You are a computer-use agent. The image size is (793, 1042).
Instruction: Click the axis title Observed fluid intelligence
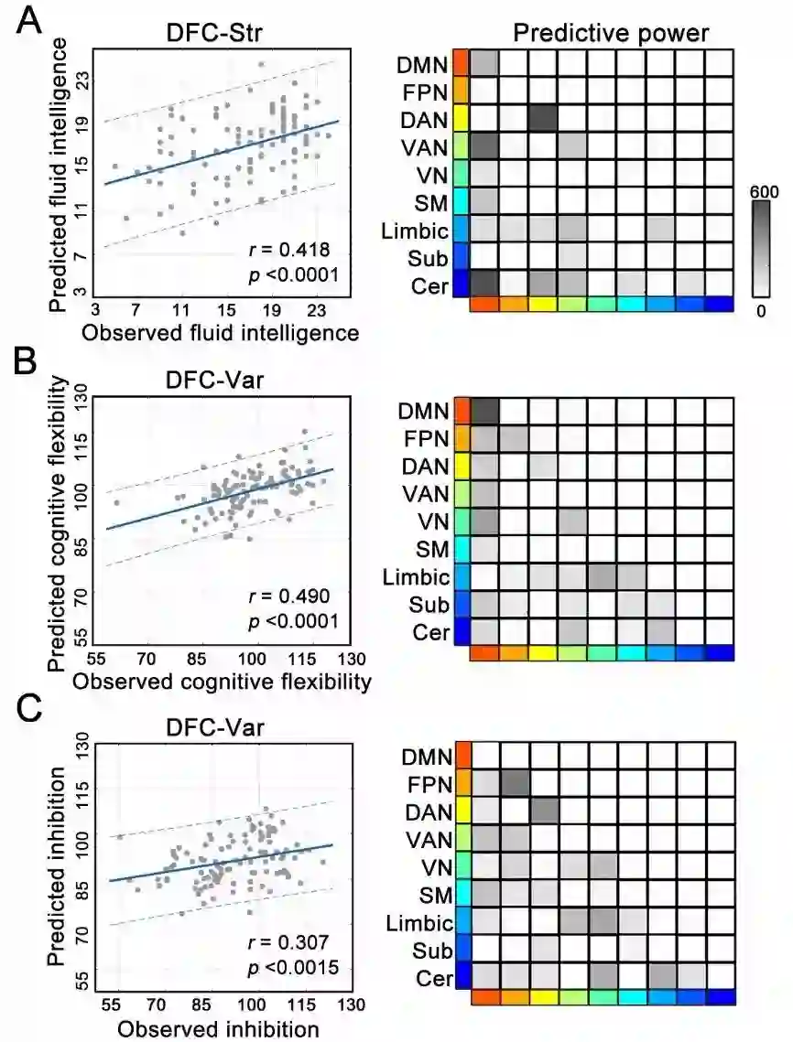(x=221, y=334)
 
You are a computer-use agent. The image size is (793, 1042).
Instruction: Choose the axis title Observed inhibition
(x=218, y=1029)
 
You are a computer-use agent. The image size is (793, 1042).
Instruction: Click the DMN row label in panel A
(x=423, y=65)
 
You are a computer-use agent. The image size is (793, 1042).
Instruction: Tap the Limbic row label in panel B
(x=418, y=577)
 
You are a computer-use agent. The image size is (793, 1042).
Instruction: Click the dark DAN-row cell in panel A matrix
(x=543, y=120)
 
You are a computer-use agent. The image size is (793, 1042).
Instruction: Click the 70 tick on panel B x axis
(x=146, y=658)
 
